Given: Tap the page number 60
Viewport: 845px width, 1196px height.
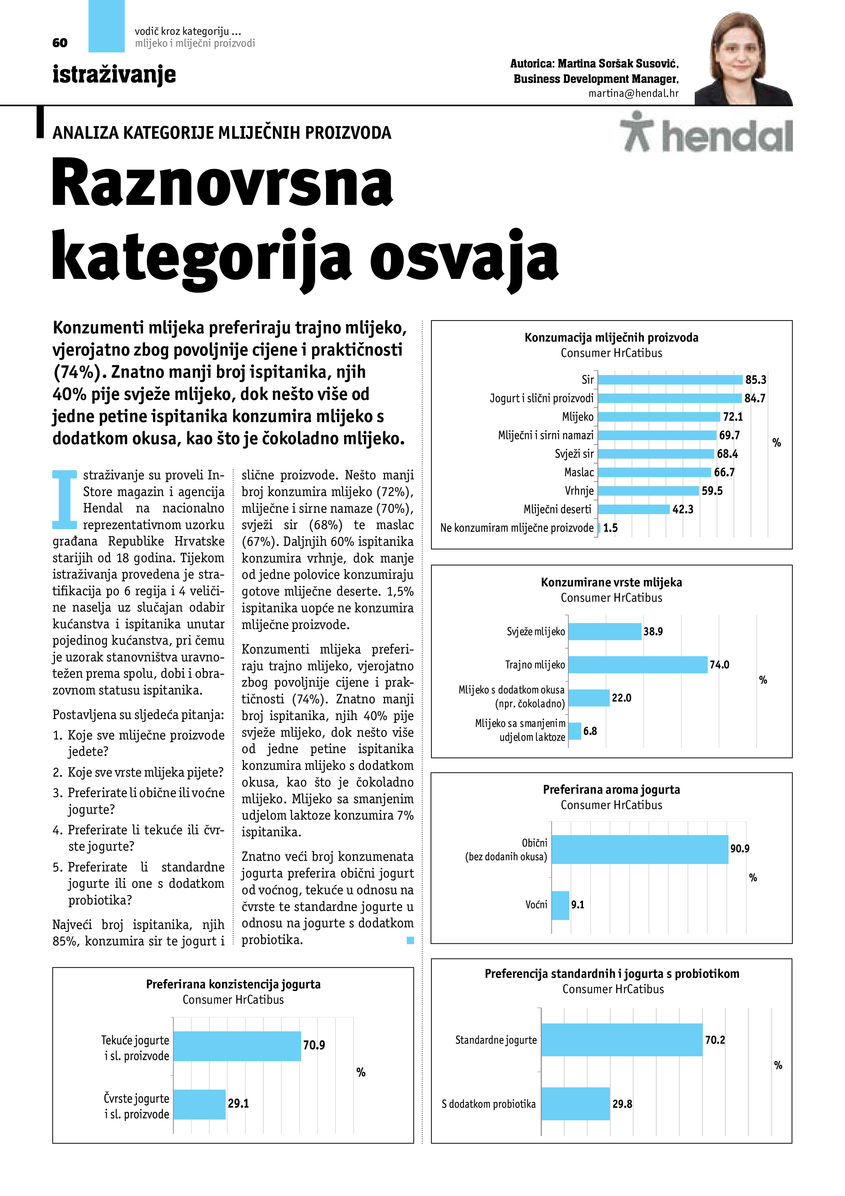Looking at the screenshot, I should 60,43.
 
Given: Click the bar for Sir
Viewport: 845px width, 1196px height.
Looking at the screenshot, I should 670,380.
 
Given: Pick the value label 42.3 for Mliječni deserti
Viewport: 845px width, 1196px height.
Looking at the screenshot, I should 682,509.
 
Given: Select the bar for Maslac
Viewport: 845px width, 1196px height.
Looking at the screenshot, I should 655,473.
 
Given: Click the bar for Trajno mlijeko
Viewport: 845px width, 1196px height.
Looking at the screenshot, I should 638,665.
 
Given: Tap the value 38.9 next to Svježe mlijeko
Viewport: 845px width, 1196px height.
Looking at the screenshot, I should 653,631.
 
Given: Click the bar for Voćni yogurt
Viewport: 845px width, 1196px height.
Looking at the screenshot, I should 560,905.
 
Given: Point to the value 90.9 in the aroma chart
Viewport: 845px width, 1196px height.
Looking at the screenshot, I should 739,849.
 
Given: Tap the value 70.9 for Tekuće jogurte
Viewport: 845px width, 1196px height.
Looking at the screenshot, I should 314,1045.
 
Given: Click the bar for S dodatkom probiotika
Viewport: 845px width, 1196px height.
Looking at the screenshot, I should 575,1104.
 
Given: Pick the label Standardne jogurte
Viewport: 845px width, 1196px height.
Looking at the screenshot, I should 496,1040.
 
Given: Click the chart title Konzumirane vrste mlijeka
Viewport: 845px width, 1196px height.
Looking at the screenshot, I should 611,582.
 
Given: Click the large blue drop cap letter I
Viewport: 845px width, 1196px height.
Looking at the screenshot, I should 64,499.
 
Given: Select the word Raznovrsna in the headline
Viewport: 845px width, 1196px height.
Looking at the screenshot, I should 222,183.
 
